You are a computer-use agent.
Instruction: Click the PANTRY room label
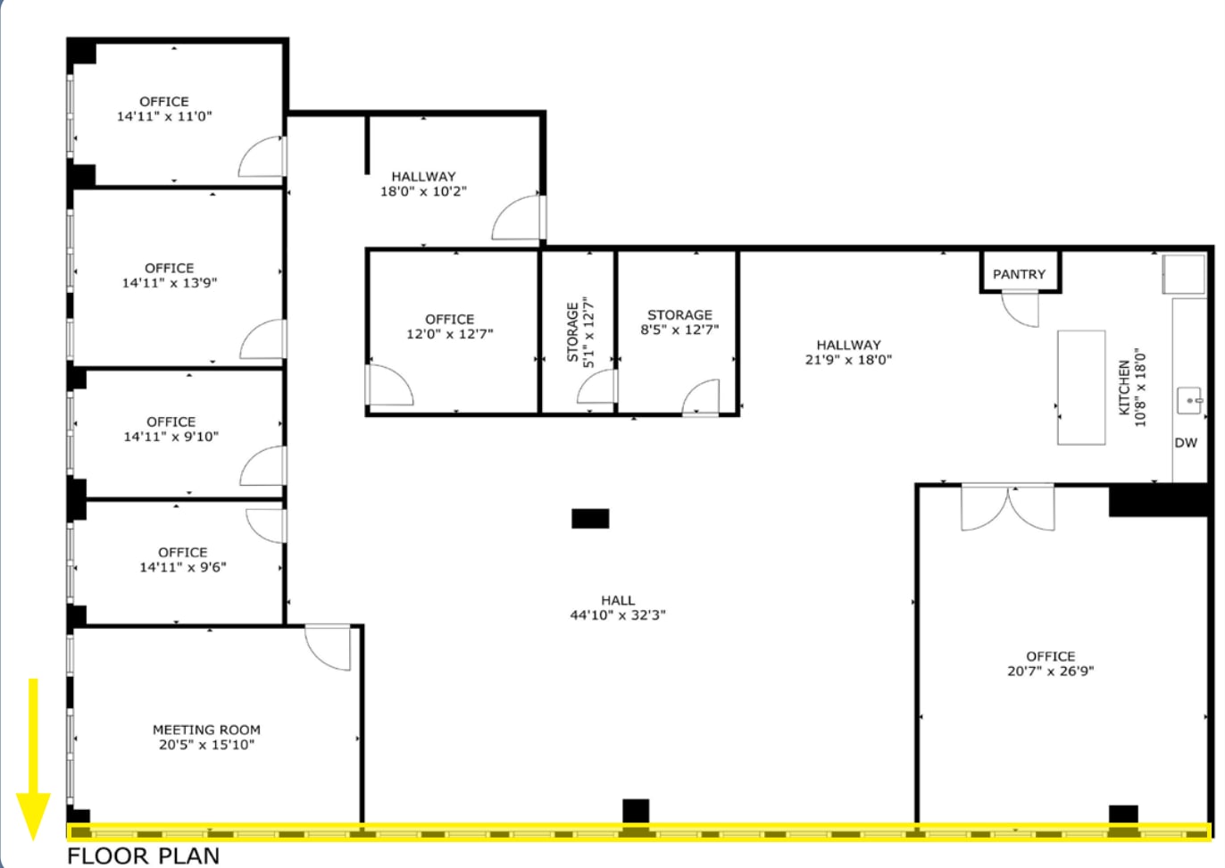[x=1019, y=274]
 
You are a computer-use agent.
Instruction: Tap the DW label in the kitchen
[x=1186, y=443]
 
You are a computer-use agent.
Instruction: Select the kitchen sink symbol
[x=1189, y=400]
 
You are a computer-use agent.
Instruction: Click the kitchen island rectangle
[x=1081, y=387]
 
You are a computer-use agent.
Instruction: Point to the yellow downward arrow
[x=33, y=759]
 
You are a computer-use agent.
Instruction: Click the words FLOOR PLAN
[x=143, y=855]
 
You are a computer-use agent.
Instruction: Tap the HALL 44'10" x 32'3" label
[x=618, y=608]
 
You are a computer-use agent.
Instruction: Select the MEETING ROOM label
[x=206, y=730]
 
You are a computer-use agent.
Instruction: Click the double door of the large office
[x=1008, y=507]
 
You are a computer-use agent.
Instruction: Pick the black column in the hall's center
[x=590, y=518]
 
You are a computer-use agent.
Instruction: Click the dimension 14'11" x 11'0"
[x=164, y=116]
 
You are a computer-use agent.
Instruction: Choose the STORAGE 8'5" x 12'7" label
[x=679, y=322]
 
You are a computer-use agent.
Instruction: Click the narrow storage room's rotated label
[x=580, y=332]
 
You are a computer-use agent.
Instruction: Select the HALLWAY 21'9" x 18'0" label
[x=848, y=352]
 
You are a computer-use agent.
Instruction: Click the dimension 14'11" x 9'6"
[x=183, y=567]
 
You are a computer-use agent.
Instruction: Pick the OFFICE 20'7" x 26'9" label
[x=1050, y=664]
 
